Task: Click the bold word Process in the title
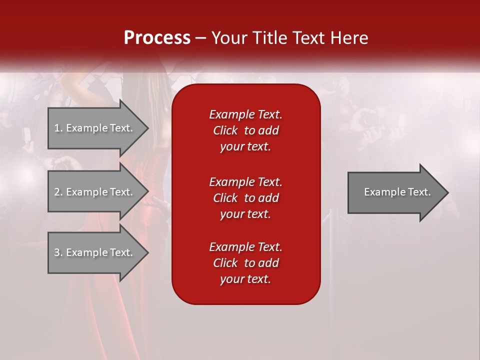(157, 38)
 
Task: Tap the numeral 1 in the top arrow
(57, 128)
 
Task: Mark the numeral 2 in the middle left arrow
(57, 192)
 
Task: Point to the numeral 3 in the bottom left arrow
(57, 252)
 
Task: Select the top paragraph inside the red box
(245, 130)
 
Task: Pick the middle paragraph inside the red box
(245, 198)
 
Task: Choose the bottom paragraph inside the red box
(245, 263)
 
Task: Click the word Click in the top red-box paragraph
(225, 130)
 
